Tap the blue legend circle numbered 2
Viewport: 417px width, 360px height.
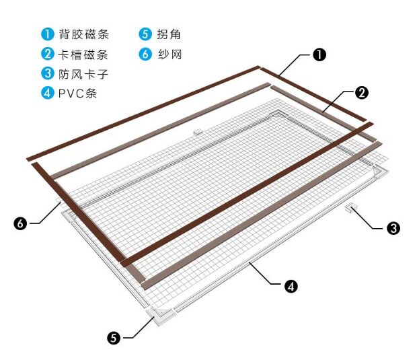pos(46,54)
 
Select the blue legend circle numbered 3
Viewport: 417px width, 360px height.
pos(46,73)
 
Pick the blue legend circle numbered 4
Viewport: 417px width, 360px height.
pos(46,93)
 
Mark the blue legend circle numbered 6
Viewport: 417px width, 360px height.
pos(145,54)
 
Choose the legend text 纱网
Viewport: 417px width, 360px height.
pos(169,54)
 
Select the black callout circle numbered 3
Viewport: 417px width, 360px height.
pos(393,228)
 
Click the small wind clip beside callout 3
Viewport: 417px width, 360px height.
pos(351,209)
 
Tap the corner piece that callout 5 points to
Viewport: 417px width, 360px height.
pos(161,314)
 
